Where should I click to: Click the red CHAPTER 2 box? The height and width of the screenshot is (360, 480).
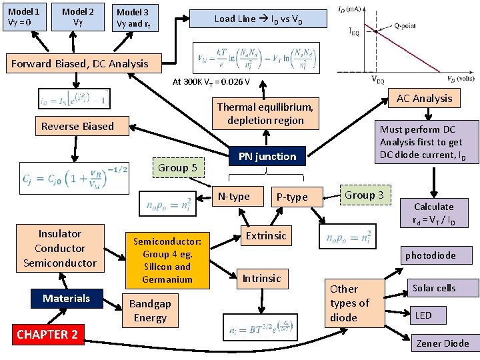[x=47, y=334]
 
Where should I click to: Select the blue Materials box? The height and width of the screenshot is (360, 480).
[x=66, y=298]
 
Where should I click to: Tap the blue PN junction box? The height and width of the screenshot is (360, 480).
[x=267, y=157]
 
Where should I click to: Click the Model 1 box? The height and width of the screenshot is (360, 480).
[x=24, y=17]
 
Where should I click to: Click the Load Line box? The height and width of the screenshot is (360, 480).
[x=258, y=19]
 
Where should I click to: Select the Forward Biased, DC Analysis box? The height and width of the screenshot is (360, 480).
[x=80, y=64]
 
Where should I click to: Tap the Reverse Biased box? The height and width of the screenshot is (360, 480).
[x=77, y=126]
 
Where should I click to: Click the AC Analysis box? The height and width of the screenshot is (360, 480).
[x=424, y=99]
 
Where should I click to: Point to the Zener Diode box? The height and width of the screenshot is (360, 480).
[x=442, y=343]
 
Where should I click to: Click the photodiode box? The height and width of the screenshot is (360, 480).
[x=430, y=255]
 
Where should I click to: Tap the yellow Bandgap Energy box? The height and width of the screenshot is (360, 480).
[x=150, y=311]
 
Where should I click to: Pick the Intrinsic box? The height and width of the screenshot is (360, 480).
[x=261, y=278]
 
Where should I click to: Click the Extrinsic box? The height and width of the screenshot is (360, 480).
[x=266, y=235]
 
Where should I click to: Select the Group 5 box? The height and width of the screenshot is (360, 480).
[x=177, y=167]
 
